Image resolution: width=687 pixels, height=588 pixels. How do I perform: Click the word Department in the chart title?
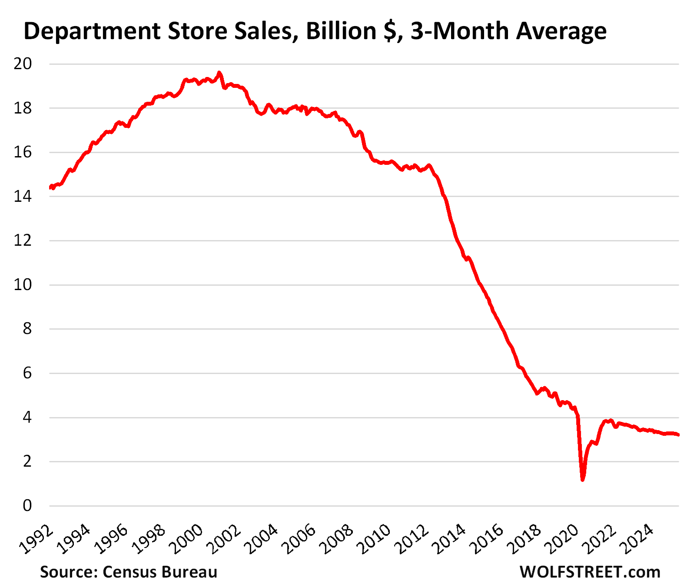point(90,31)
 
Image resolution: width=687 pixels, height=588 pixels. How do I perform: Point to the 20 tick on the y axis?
point(23,64)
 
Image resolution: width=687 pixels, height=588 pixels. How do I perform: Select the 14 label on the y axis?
point(23,197)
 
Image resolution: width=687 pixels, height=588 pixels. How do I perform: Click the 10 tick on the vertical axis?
point(23,285)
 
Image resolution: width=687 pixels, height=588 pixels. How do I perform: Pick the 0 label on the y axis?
point(27,506)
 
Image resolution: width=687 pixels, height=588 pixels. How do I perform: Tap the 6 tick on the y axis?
point(27,373)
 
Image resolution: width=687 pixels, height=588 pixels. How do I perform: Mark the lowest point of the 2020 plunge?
point(582,480)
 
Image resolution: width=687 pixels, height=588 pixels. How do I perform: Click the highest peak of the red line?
point(219,73)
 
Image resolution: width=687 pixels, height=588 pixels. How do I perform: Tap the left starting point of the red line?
point(50,187)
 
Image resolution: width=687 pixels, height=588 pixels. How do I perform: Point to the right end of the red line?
point(678,435)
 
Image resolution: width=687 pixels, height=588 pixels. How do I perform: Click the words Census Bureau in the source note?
point(160,572)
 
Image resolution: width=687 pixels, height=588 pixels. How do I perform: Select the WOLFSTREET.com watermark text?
point(590,572)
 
